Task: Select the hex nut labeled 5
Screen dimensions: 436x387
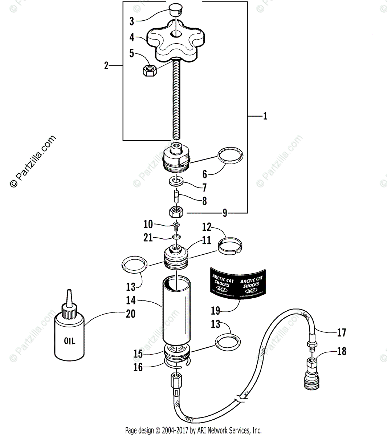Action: coord(149,69)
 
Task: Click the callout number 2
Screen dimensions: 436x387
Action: coord(106,65)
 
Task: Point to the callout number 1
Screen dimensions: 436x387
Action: coord(265,116)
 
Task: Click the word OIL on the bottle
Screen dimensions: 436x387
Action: coord(70,341)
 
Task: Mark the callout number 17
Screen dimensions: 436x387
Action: coord(342,332)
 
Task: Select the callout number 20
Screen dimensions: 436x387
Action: coord(130,313)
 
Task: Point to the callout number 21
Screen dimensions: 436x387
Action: coord(148,238)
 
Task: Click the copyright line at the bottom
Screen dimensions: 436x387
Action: coord(193,431)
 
